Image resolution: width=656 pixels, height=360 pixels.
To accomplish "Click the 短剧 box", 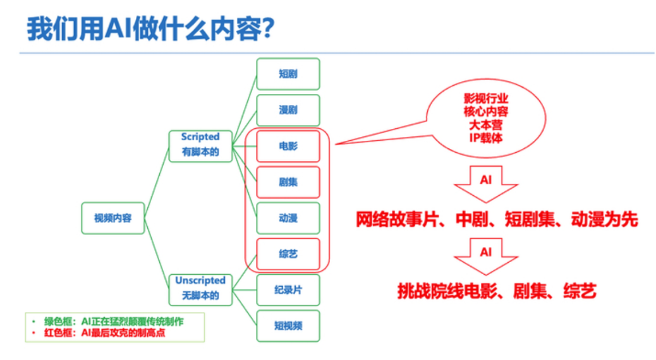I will [x=288, y=74].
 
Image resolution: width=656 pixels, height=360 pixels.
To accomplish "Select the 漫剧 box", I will [x=288, y=110].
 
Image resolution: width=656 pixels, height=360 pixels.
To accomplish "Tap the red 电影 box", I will [x=288, y=146].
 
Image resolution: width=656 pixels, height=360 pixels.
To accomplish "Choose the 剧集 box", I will [x=288, y=182].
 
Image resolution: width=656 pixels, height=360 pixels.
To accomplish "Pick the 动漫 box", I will [x=288, y=218].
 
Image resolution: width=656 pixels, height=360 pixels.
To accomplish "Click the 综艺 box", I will [x=288, y=254].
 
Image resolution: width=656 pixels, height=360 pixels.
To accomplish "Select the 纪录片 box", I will [x=288, y=290].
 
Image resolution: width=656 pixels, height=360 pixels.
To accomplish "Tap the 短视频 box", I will [x=288, y=326].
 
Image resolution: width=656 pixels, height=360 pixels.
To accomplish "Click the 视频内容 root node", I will [x=113, y=219].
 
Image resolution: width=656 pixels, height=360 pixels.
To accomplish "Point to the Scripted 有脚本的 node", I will [x=200, y=145].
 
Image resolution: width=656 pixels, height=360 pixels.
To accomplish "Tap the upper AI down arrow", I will [x=485, y=183].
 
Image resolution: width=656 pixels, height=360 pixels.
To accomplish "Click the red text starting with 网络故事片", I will [x=496, y=219].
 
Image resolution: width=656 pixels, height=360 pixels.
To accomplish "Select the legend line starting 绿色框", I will [x=114, y=321].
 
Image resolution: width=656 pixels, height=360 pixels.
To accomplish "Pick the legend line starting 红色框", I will [x=101, y=333].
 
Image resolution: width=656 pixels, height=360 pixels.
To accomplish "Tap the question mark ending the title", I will [x=267, y=29].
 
